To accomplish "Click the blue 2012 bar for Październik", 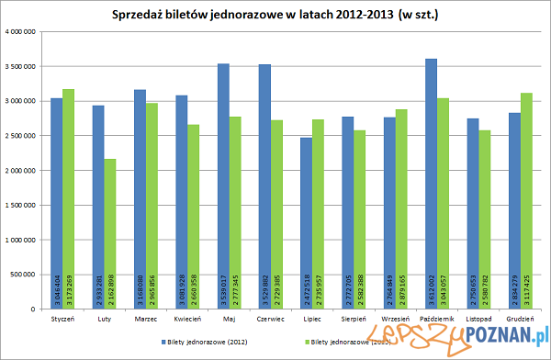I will pyautogui.click(x=432, y=184).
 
